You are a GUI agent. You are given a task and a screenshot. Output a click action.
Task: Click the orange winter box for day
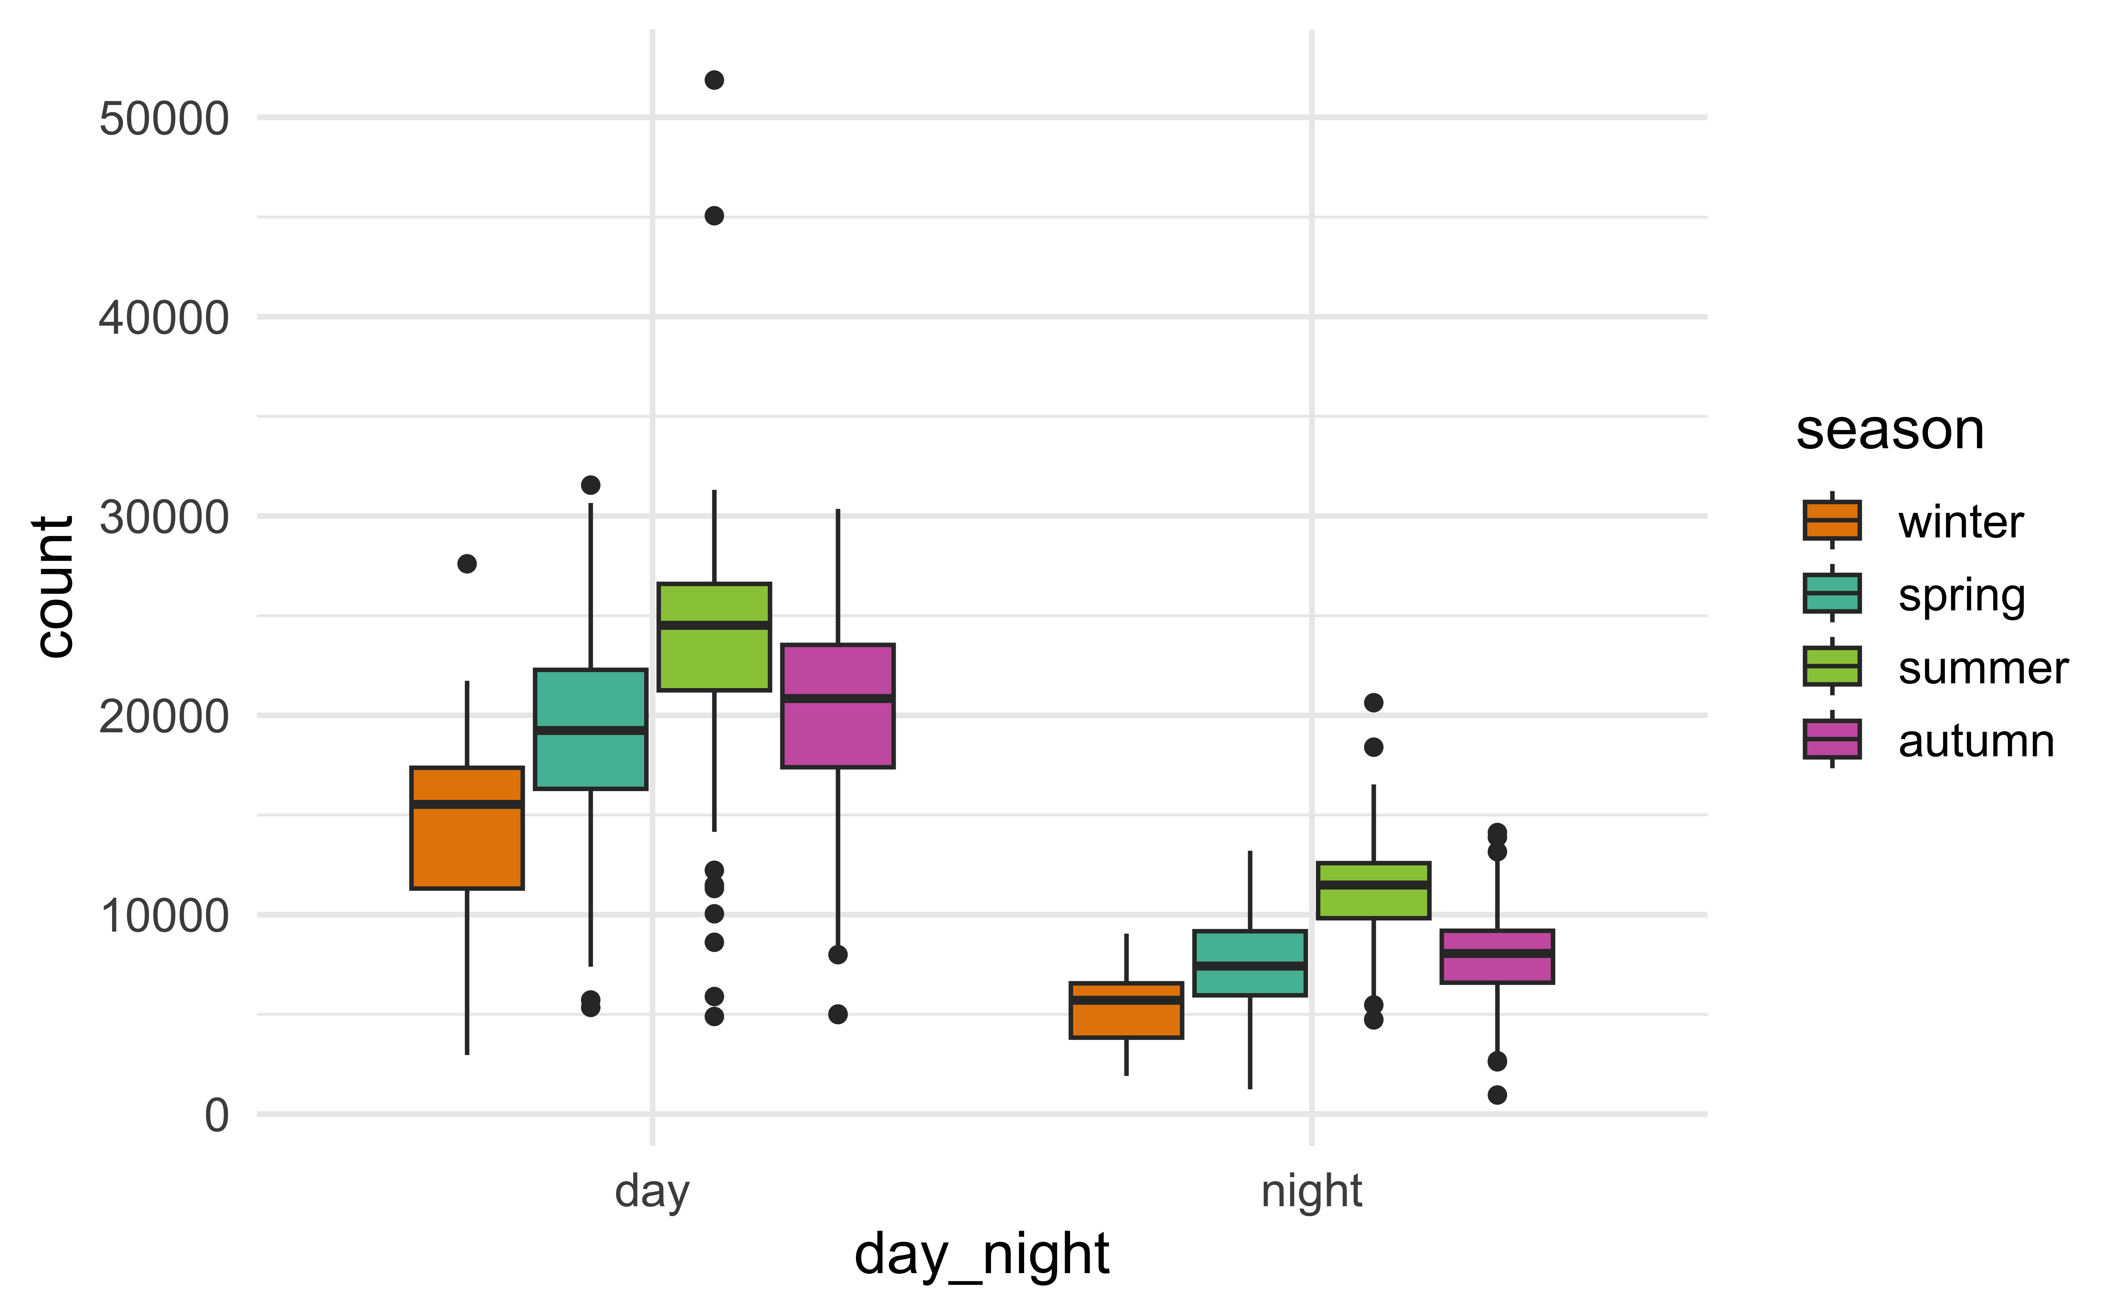click(467, 828)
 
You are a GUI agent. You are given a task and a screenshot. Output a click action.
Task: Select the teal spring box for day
click(590, 729)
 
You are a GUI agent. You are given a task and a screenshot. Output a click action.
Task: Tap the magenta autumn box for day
click(837, 706)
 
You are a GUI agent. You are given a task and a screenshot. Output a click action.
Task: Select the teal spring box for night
click(1250, 963)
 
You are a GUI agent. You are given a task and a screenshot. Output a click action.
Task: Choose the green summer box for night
click(1373, 891)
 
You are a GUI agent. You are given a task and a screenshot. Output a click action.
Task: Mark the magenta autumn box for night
click(1497, 957)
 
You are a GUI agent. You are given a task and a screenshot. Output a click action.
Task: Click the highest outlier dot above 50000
click(714, 80)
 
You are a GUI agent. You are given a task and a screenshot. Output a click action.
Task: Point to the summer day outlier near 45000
click(714, 216)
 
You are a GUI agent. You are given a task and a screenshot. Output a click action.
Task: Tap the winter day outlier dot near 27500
click(467, 563)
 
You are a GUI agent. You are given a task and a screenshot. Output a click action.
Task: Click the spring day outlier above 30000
click(590, 484)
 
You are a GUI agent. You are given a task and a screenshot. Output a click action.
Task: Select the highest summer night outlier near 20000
click(1373, 702)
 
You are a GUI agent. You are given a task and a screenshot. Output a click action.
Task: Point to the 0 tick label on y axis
click(217, 1115)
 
